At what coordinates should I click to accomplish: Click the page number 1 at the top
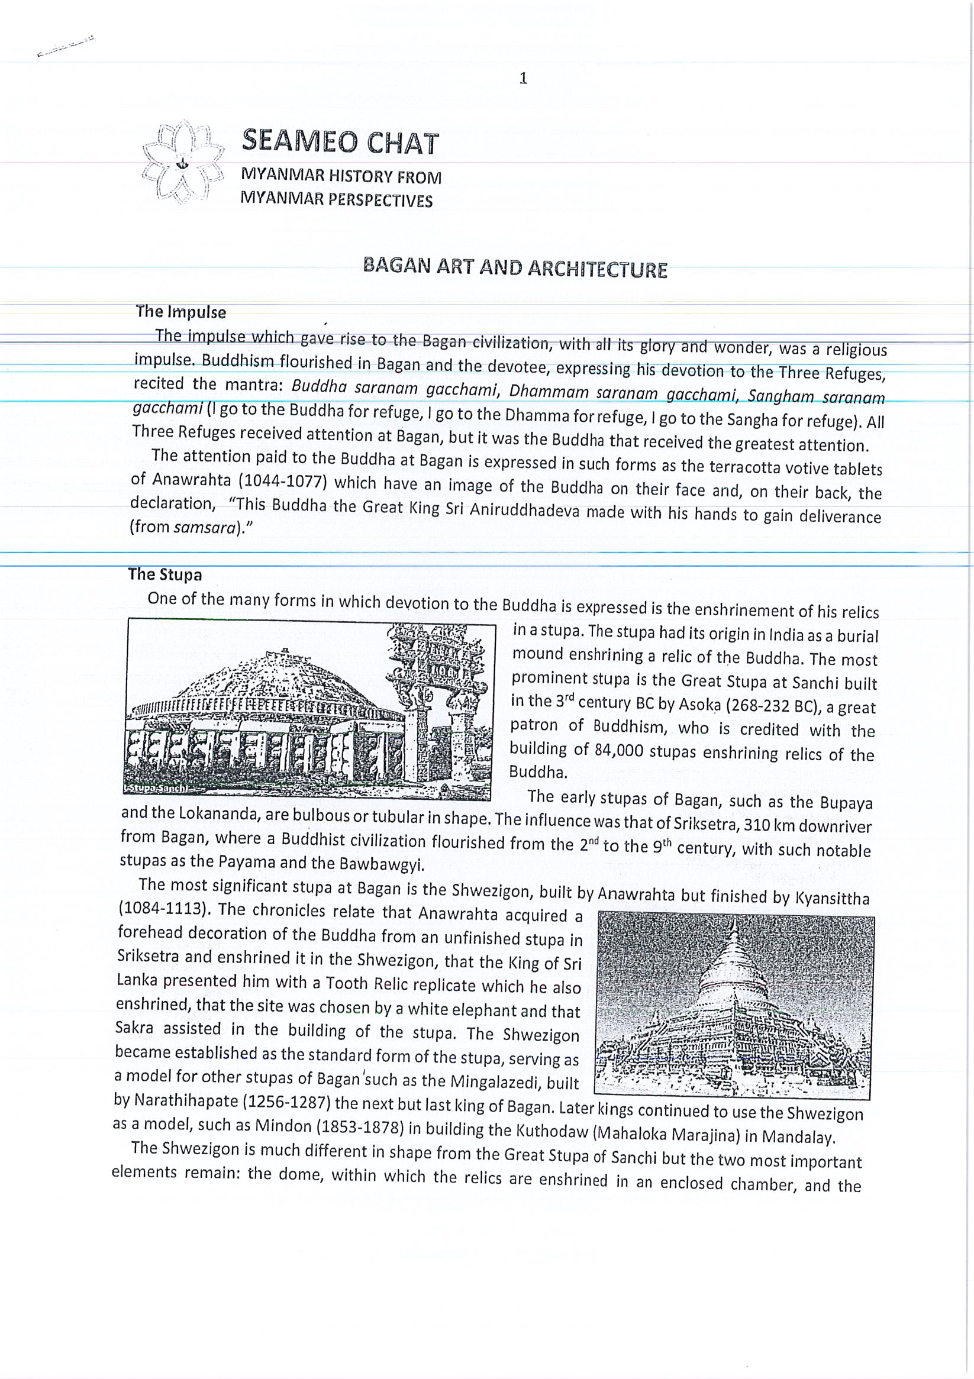pyautogui.click(x=523, y=79)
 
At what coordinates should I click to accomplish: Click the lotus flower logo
pyautogui.click(x=183, y=163)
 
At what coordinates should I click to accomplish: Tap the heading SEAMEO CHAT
pyautogui.click(x=340, y=142)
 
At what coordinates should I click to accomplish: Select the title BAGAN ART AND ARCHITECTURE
pyautogui.click(x=515, y=268)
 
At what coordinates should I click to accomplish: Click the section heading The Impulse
pyautogui.click(x=181, y=312)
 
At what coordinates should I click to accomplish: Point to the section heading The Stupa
pyautogui.click(x=165, y=575)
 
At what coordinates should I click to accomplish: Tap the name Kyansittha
pyautogui.click(x=831, y=899)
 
